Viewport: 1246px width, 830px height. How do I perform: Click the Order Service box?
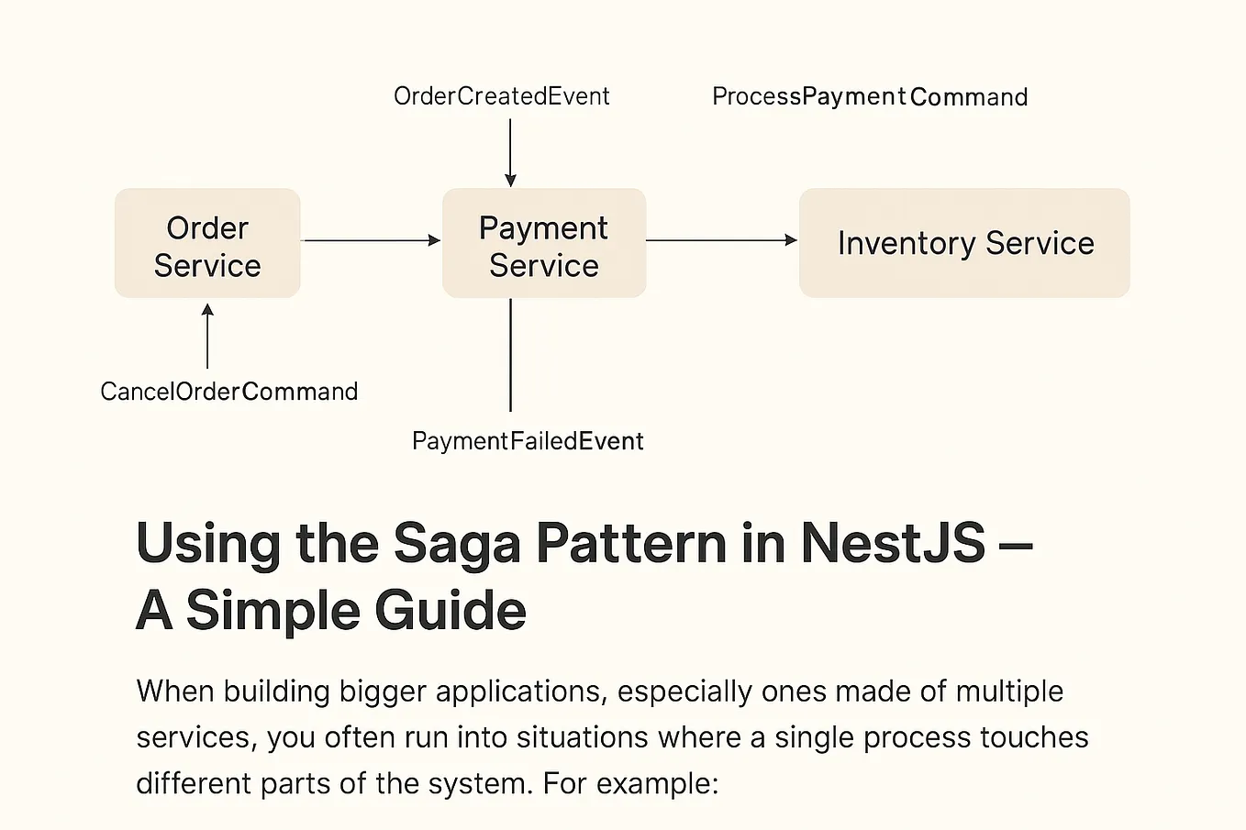[207, 244]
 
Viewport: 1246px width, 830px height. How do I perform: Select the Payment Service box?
[544, 244]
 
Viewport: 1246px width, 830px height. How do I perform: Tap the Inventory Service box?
[964, 243]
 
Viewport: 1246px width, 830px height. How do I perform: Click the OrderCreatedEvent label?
[501, 96]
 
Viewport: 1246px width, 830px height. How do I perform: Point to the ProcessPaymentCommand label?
[869, 97]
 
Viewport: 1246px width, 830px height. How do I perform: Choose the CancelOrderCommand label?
[228, 392]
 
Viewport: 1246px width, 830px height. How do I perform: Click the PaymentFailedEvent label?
[528, 441]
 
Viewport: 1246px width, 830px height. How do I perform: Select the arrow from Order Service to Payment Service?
[371, 240]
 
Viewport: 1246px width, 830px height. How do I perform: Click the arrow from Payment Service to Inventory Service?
[721, 240]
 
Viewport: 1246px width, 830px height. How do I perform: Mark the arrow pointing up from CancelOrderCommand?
[207, 338]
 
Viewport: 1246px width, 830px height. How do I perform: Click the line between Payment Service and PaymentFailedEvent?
[510, 355]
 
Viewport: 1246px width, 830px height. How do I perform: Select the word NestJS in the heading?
[892, 543]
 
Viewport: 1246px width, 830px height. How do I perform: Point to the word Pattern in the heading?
[631, 543]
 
